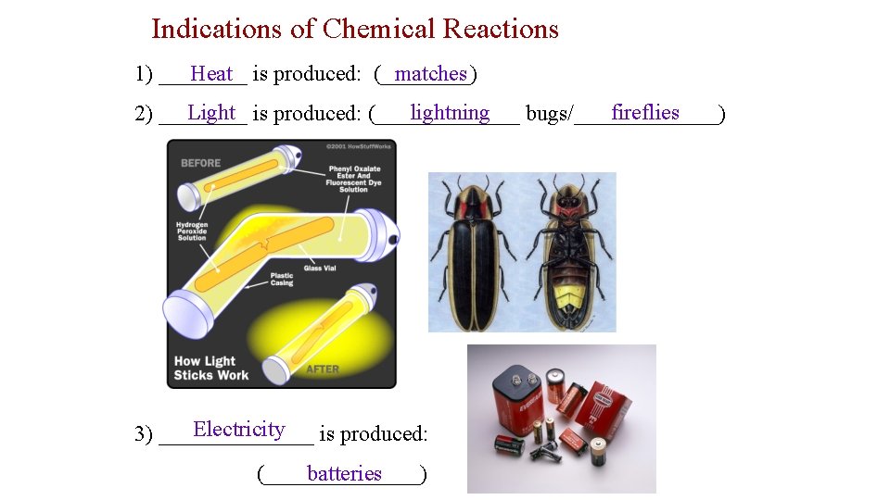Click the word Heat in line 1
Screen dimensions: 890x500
pyautogui.click(x=211, y=73)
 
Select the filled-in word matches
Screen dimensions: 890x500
pyautogui.click(x=430, y=73)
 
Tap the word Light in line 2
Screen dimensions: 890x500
pyautogui.click(x=211, y=113)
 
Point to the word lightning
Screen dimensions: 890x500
pyautogui.click(x=450, y=113)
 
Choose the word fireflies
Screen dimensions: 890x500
pyautogui.click(x=645, y=113)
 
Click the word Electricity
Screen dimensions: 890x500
pyautogui.click(x=238, y=429)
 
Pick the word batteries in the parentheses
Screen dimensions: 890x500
pyautogui.click(x=344, y=473)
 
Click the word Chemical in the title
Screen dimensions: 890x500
pyautogui.click(x=378, y=29)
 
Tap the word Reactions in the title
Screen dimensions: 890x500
pyautogui.click(x=501, y=29)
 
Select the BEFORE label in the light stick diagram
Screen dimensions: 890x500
pyautogui.click(x=201, y=163)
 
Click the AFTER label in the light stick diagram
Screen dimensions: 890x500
pyautogui.click(x=323, y=369)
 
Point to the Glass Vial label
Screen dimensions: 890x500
pyautogui.click(x=320, y=269)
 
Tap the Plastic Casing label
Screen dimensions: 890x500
pyautogui.click(x=282, y=280)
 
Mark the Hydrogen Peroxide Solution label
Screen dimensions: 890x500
pyautogui.click(x=192, y=231)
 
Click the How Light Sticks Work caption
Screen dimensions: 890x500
pyautogui.click(x=210, y=368)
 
